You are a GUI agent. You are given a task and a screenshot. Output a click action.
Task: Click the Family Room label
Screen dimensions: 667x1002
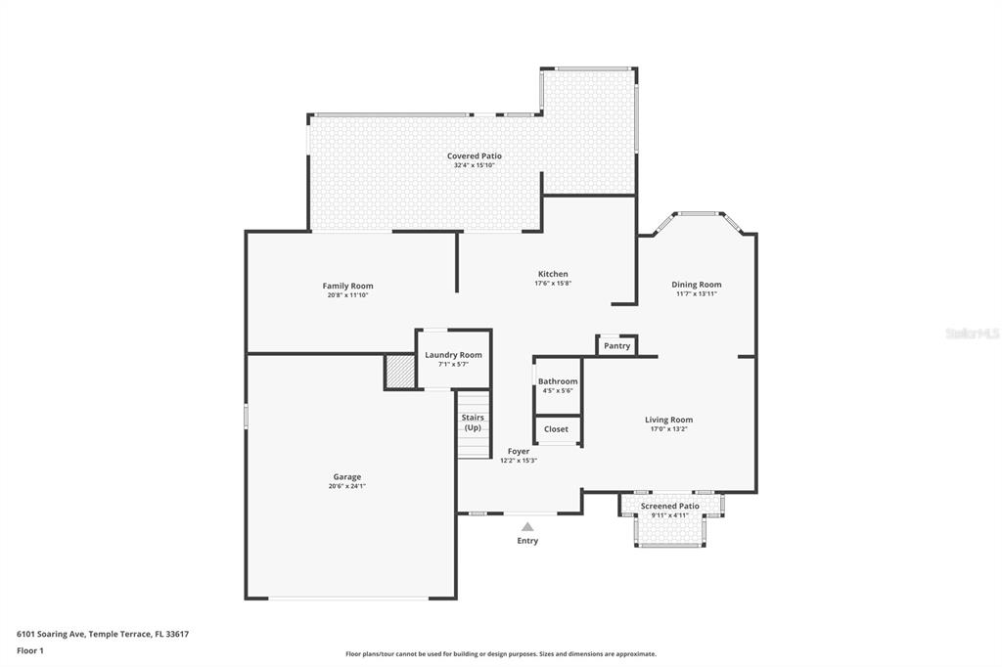(348, 286)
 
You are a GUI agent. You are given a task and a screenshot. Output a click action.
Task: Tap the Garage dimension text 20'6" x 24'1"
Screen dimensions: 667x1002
(347, 486)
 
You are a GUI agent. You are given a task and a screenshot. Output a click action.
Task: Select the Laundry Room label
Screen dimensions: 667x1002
(453, 355)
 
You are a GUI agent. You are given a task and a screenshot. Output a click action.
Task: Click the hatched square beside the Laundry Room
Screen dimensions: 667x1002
(400, 372)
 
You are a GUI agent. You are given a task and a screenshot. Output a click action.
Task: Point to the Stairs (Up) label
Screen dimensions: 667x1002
(473, 422)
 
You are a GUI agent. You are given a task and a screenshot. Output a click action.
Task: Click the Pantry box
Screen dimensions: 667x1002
(616, 345)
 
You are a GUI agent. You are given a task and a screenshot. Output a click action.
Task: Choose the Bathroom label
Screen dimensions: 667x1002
(558, 381)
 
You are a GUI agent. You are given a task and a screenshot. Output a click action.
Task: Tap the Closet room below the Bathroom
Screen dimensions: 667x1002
(557, 429)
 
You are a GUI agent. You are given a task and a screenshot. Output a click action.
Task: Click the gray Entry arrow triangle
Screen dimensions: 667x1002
(527, 527)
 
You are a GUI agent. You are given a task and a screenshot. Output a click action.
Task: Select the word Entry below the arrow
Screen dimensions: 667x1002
(527, 541)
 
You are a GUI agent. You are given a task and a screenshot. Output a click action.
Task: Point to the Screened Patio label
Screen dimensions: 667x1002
(670, 506)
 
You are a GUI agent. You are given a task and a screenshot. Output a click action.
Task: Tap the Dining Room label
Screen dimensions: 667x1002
(697, 285)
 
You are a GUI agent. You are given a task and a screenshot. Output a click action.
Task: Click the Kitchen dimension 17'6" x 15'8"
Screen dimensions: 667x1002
(553, 284)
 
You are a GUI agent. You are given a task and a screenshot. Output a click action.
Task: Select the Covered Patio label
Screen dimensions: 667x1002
(475, 156)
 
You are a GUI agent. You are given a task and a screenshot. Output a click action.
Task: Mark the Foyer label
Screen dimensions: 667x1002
(519, 451)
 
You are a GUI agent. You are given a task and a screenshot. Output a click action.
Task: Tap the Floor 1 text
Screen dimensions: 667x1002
(30, 650)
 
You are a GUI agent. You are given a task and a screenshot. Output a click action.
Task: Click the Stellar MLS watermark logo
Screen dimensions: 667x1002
(972, 333)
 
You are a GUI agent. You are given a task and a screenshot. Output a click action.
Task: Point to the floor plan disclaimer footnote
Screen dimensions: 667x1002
(501, 654)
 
